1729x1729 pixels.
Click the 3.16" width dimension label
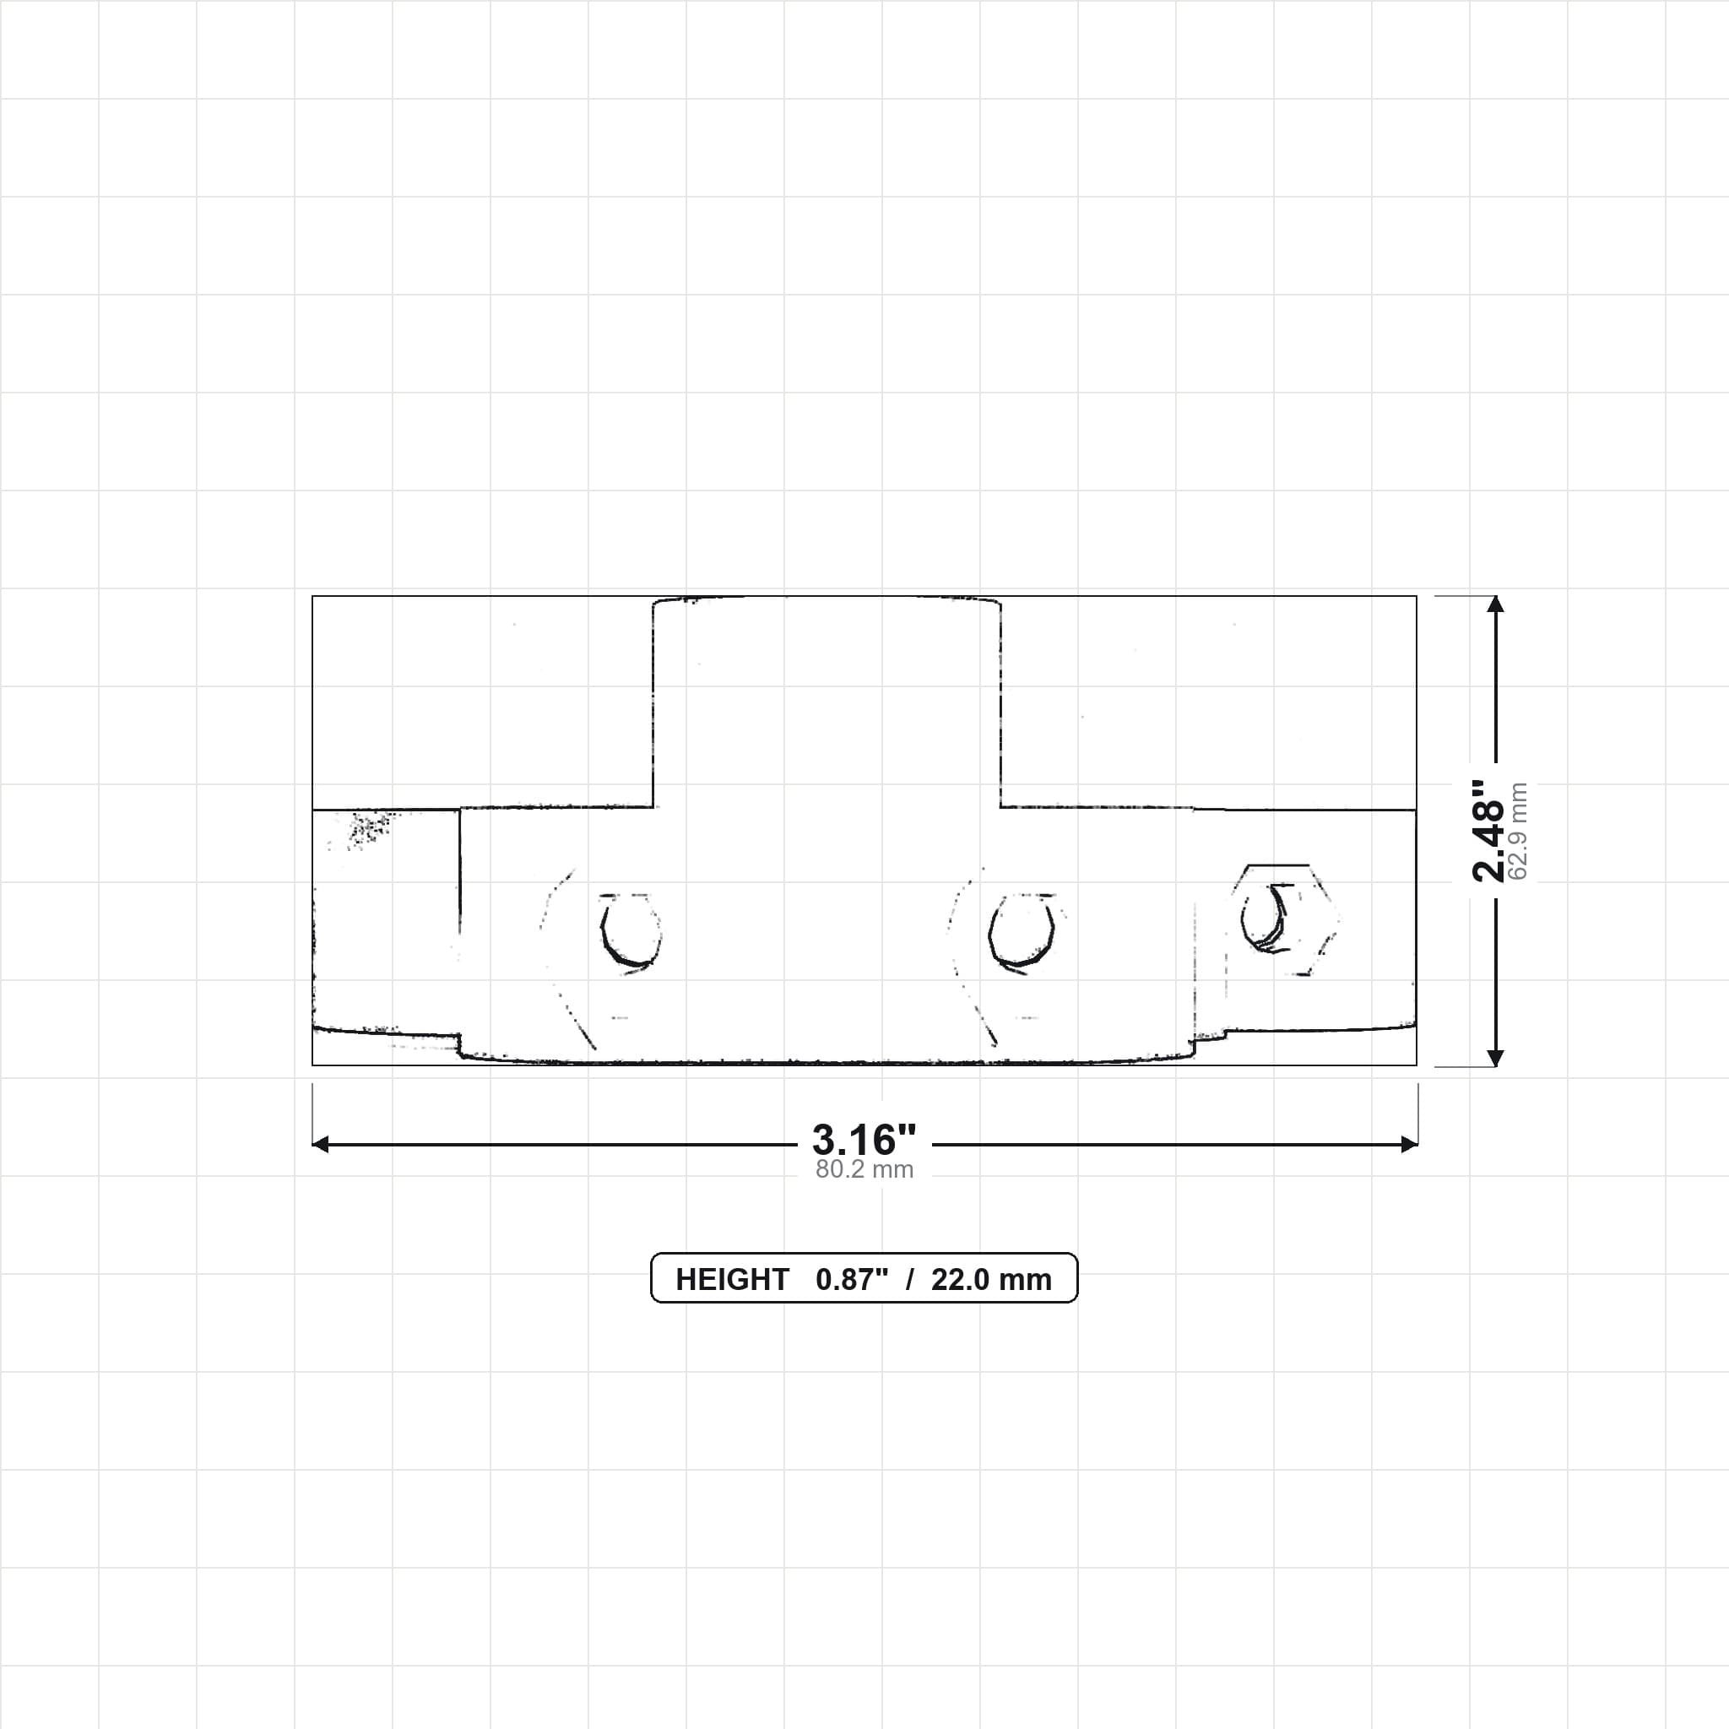[864, 1140]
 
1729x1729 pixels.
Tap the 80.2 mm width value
[864, 1169]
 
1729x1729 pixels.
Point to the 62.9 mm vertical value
[1518, 832]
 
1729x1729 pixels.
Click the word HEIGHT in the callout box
[732, 1280]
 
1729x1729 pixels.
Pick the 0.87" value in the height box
[852, 1280]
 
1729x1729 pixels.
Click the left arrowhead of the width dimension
[320, 1145]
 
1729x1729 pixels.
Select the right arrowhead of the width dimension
[1410, 1145]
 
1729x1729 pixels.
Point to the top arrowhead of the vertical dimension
[1495, 604]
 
